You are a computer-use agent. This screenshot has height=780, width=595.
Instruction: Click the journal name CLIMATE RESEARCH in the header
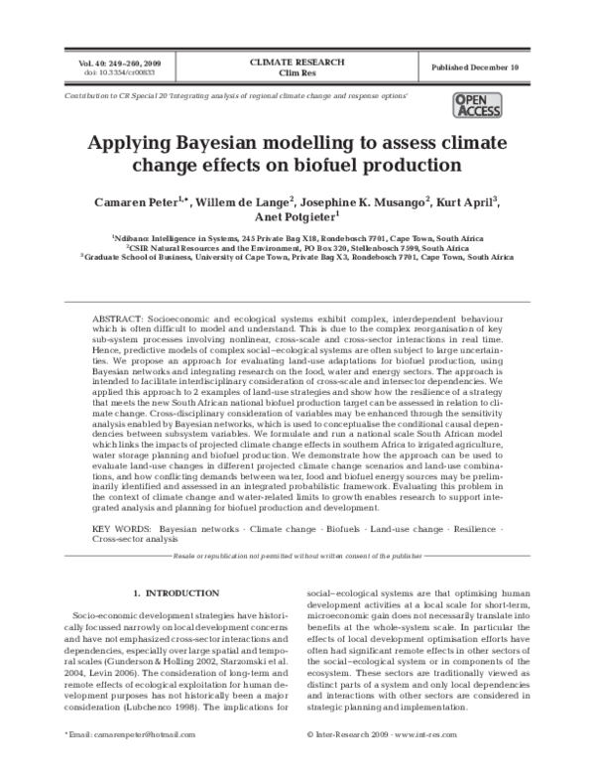point(297,62)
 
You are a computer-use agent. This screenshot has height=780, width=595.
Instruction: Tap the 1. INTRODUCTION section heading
point(176,592)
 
